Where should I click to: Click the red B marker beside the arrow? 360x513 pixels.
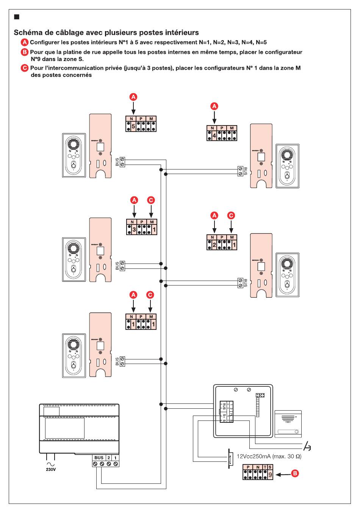pos(295,473)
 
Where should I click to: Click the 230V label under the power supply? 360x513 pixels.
pos(50,469)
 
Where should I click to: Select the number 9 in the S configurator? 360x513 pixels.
pos(270,474)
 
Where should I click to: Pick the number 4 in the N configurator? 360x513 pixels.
pos(214,135)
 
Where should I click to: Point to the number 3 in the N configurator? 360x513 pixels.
pos(134,229)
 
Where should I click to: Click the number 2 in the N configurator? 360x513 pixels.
pos(214,245)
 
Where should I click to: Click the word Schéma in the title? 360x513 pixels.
pos(28,33)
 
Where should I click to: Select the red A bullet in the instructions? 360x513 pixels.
pos(25,42)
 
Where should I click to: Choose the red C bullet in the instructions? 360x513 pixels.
pos(25,68)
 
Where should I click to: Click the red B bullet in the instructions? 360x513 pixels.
pos(25,52)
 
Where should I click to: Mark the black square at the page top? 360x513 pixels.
pos(16,17)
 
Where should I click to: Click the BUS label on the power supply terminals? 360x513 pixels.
pos(99,458)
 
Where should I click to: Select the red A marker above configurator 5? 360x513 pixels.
pos(133,97)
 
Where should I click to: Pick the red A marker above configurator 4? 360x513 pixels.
pos(214,106)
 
